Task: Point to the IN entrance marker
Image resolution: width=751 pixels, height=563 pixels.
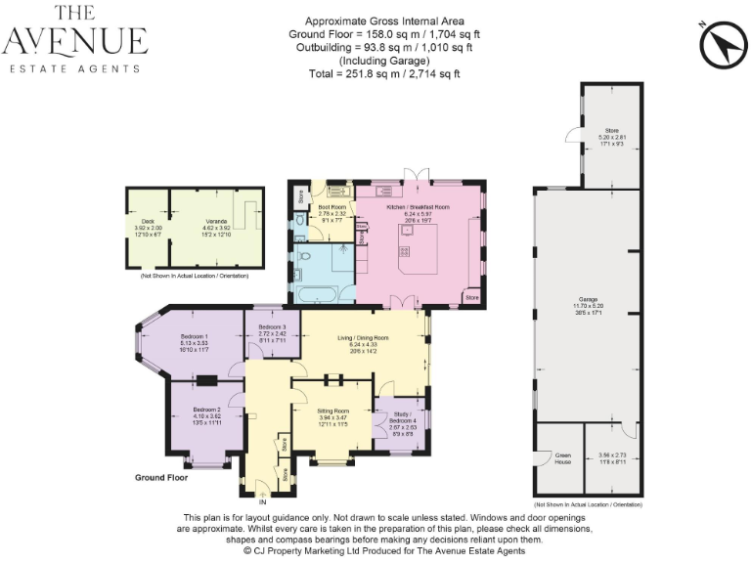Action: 261,502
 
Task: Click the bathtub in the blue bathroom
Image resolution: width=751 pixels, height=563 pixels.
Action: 317,293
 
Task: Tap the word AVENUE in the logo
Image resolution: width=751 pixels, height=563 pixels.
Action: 75,41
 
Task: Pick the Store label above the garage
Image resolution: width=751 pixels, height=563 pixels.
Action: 611,130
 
